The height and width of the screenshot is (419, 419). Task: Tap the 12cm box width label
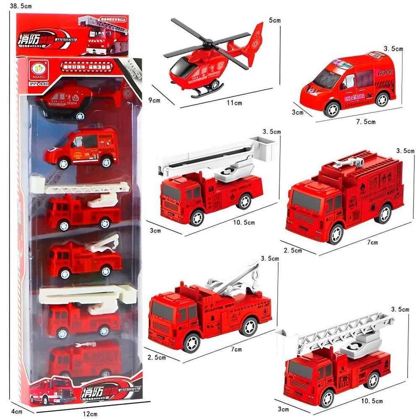(x=90, y=414)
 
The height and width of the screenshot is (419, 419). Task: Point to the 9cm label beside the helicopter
(x=154, y=100)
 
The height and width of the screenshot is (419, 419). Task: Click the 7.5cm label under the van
(x=366, y=122)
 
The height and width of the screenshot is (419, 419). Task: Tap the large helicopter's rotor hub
(x=208, y=43)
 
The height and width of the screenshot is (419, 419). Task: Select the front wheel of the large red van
(x=331, y=109)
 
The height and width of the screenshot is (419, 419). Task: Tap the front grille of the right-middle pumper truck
(x=305, y=219)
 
